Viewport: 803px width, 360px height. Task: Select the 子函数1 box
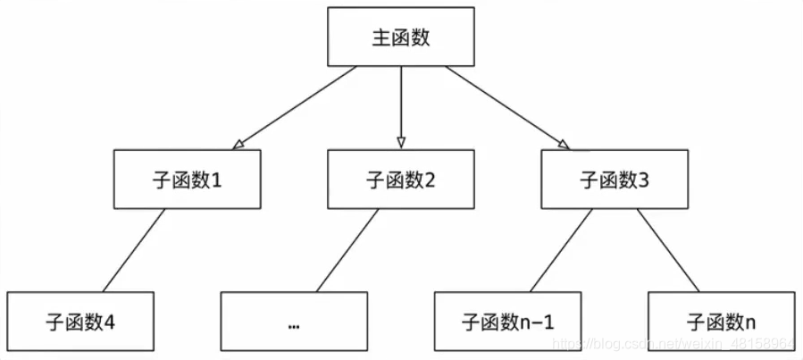pos(188,180)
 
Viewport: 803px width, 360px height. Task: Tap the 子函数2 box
pos(401,180)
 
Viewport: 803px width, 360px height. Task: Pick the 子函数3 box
pos(615,180)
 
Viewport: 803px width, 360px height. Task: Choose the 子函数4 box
pos(79,321)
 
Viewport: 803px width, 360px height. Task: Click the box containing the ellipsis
pos(294,321)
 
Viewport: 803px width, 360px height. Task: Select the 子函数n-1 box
pos(507,321)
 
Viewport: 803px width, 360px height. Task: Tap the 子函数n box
pos(721,321)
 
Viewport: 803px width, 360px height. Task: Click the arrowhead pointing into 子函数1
pos(238,143)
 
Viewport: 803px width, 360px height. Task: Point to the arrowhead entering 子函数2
pos(401,143)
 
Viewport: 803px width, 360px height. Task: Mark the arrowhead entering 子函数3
pos(563,143)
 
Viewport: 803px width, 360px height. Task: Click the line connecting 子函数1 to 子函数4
pos(134,250)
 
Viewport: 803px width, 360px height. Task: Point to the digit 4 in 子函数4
pos(110,322)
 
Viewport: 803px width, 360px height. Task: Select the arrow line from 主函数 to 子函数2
pos(401,103)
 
